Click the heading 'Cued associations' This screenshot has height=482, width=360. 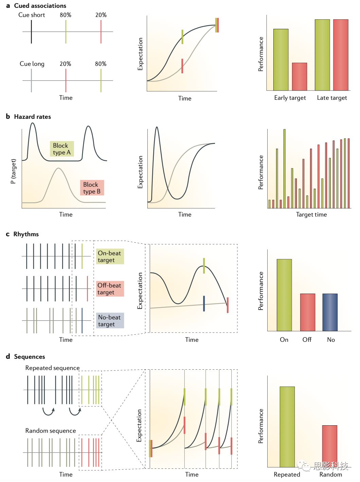pyautogui.click(x=40, y=6)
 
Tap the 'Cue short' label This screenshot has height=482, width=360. pyautogui.click(x=32, y=15)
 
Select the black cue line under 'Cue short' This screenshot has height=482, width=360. pyautogui.click(x=31, y=32)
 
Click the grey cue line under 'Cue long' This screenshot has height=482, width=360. pyautogui.click(x=31, y=81)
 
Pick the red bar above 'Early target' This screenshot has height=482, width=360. pyautogui.click(x=300, y=77)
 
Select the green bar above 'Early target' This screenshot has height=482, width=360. pyautogui.click(x=281, y=60)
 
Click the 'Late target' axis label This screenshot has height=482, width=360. pyautogui.click(x=332, y=98)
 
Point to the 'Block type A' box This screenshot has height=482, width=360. pyautogui.click(x=61, y=149)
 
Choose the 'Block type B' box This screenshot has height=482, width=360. pyautogui.click(x=92, y=188)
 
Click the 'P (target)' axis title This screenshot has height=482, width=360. pyautogui.click(x=13, y=171)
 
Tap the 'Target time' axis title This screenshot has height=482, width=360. pyautogui.click(x=311, y=215)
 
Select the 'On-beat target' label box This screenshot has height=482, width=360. pyautogui.click(x=110, y=257)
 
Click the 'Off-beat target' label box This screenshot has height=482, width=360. pyautogui.click(x=110, y=289)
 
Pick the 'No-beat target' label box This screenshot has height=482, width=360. pyautogui.click(x=110, y=321)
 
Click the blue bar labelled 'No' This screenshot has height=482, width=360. pyautogui.click(x=330, y=312)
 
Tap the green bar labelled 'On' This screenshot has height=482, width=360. pyautogui.click(x=284, y=295)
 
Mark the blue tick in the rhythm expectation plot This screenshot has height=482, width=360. pyautogui.click(x=204, y=303)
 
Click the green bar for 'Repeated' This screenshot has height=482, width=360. pyautogui.click(x=287, y=427)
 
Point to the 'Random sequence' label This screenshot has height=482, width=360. pyautogui.click(x=51, y=431)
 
